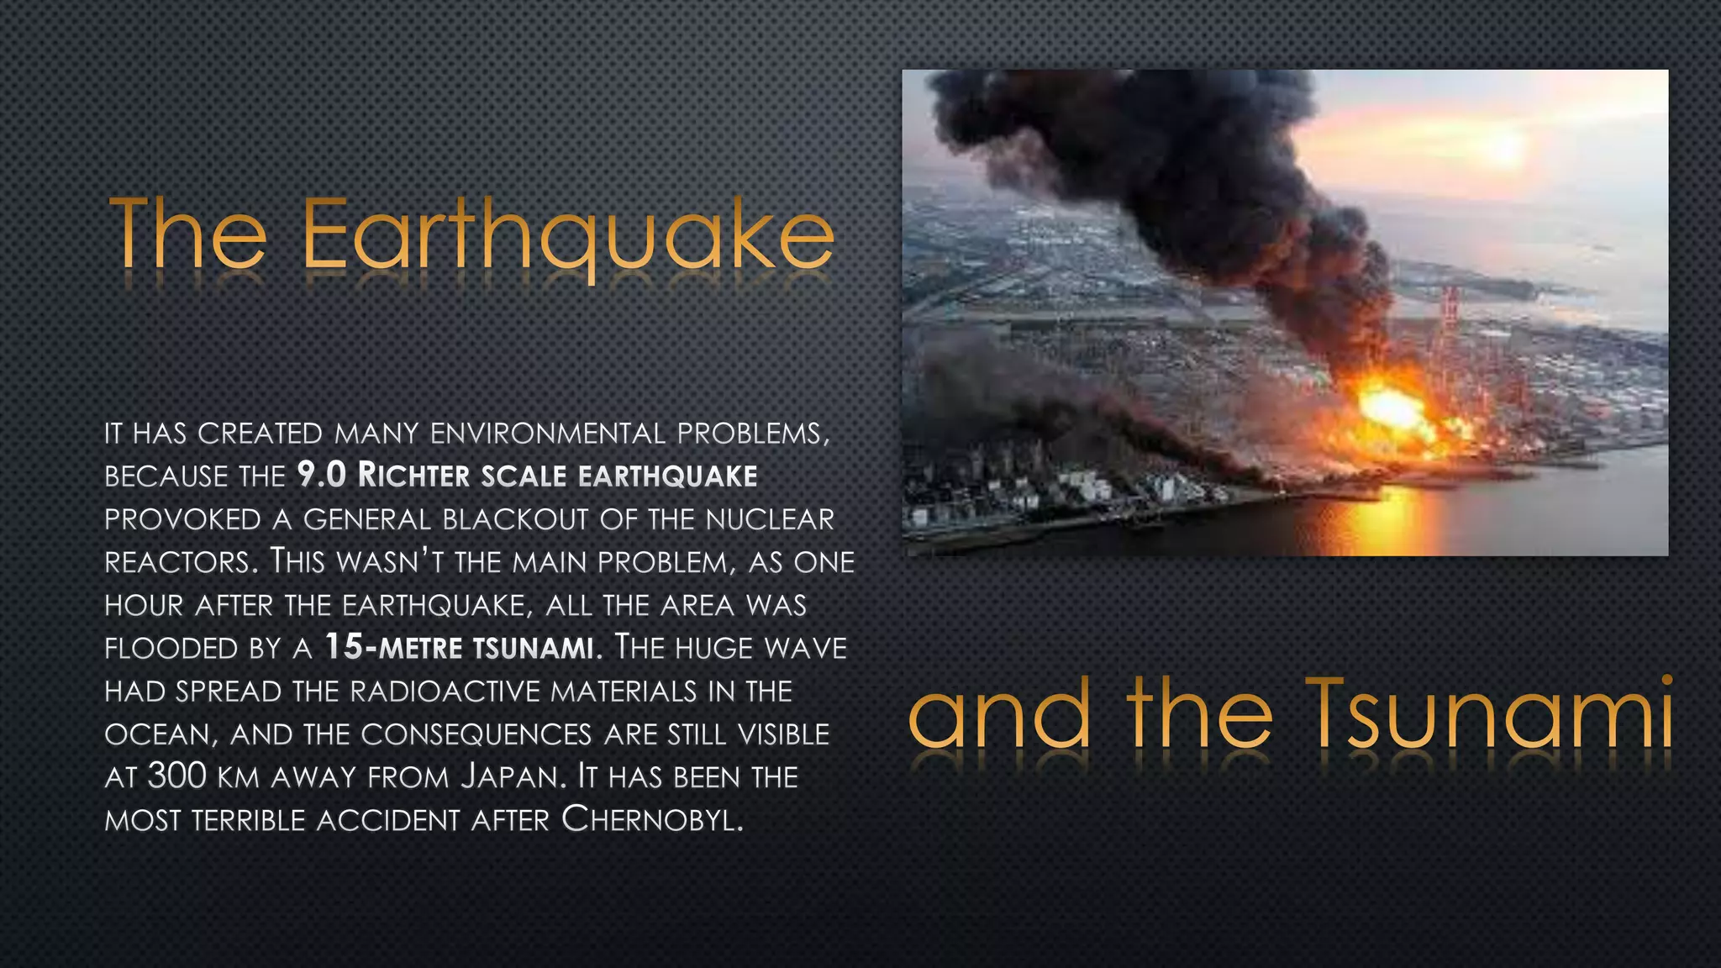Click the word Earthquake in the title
[568, 235]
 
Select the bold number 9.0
[322, 476]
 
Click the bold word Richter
[413, 476]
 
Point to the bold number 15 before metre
[344, 647]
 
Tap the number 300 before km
[176, 776]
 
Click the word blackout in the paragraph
[515, 519]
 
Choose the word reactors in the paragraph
[177, 561]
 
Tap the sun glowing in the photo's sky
[1504, 148]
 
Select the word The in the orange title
[188, 235]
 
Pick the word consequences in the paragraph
[476, 734]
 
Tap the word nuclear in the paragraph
[770, 519]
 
